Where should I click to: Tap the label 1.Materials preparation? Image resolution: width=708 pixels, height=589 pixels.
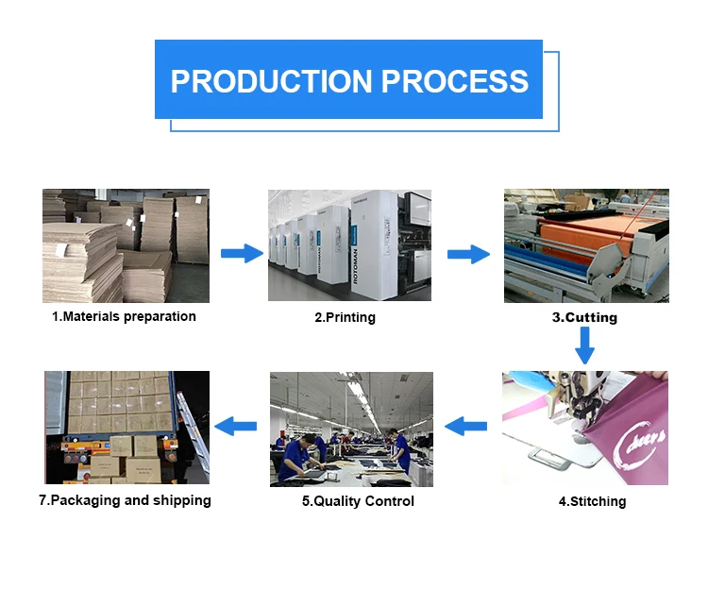(x=124, y=317)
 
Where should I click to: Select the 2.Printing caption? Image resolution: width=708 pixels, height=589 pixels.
(x=345, y=318)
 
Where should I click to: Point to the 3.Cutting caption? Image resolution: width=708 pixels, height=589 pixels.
(x=584, y=318)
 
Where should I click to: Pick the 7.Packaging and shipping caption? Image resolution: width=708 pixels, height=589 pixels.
(x=125, y=500)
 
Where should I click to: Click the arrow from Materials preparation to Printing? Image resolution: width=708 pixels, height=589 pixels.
(x=242, y=253)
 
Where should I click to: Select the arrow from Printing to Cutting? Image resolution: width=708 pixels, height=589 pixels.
(x=468, y=254)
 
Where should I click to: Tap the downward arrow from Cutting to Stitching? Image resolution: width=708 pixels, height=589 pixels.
(x=585, y=345)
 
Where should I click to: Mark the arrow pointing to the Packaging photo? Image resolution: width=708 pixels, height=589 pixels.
(x=236, y=427)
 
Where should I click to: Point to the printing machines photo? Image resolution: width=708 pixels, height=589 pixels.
(x=349, y=245)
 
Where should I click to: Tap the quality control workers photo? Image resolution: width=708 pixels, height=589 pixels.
(x=351, y=429)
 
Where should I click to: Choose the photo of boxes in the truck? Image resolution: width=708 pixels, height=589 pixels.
(x=126, y=428)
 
